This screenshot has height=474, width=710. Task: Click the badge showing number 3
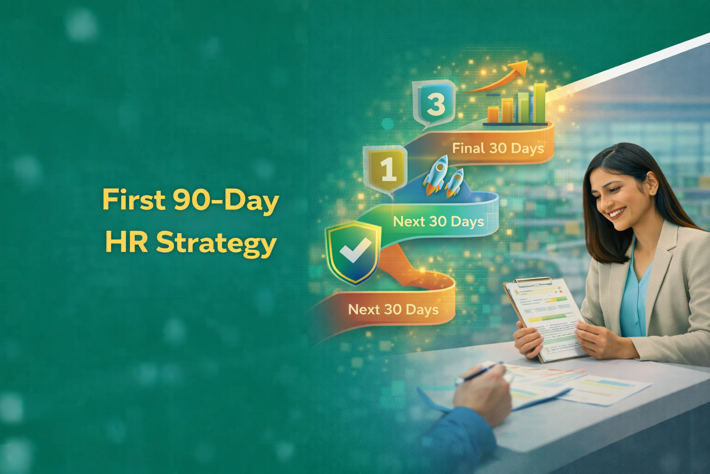coord(435,104)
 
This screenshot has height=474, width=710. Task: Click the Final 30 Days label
coord(497,149)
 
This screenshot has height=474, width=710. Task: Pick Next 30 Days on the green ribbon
coord(438,222)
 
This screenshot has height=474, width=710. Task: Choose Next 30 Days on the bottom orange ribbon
coord(393,309)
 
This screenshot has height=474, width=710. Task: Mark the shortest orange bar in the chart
coord(494,114)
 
